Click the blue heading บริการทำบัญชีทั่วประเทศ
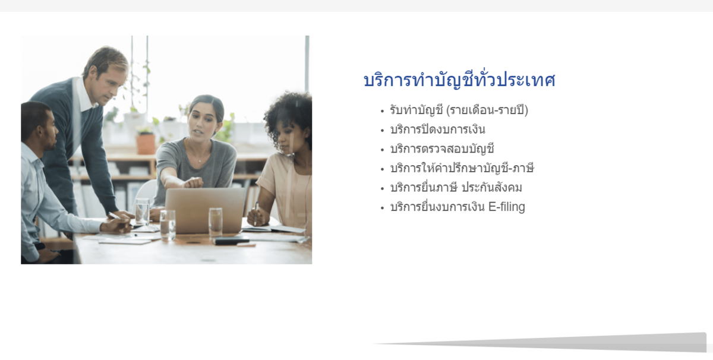pos(459,80)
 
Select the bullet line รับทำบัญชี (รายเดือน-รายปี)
pos(459,110)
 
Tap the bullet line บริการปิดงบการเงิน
pos(438,130)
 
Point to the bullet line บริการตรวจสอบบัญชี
pos(442,149)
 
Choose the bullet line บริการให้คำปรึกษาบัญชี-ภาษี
pos(462,168)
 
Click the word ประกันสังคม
pos(492,188)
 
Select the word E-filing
pos(507,207)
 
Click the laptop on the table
pos(205,210)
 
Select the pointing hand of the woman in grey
pos(193,182)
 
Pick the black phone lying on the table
pos(232,241)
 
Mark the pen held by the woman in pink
pos(256,213)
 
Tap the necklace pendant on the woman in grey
pos(200,161)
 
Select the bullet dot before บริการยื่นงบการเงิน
pos(382,208)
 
